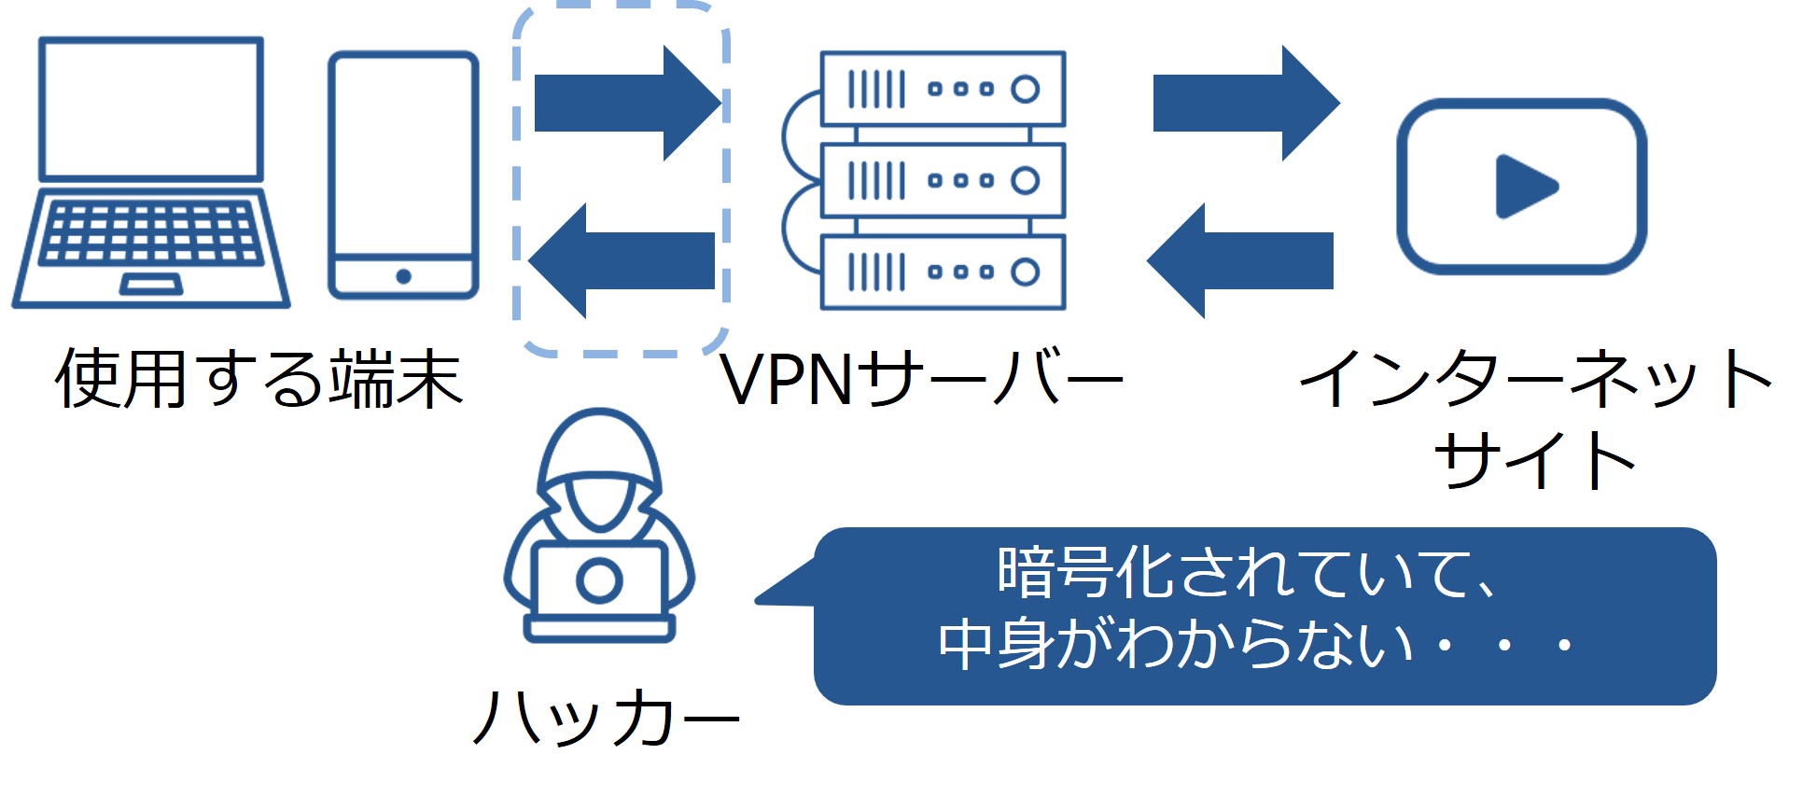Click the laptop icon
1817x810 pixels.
tap(151, 173)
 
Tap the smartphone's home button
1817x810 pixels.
tap(403, 276)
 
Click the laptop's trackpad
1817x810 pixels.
tap(151, 284)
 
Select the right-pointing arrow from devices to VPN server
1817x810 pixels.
tap(625, 103)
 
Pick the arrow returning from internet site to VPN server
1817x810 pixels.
tap(1240, 260)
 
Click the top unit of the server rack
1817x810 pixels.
tap(943, 89)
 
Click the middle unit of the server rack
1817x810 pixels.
tap(943, 180)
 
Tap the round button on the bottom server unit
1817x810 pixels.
tap(1025, 272)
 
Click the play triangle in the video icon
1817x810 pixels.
tap(1524, 187)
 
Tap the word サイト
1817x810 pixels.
tap(1535, 460)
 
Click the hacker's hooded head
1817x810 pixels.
tap(598, 467)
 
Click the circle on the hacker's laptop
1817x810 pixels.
tap(598, 580)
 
